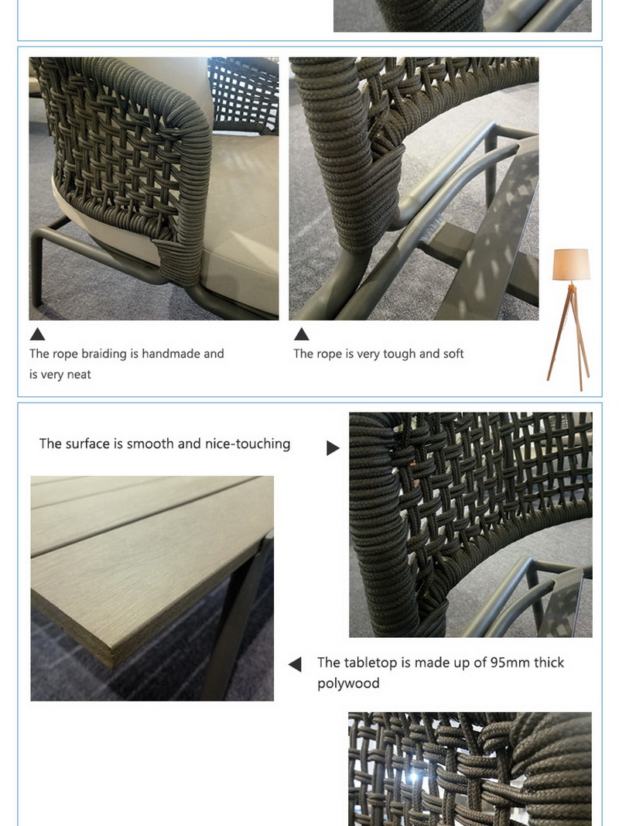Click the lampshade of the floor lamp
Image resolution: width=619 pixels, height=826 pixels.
tap(571, 265)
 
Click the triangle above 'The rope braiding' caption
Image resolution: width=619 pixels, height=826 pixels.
tap(37, 334)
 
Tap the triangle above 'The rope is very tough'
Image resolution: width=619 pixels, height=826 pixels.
tap(302, 334)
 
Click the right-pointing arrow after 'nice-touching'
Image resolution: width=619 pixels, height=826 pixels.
tap(333, 448)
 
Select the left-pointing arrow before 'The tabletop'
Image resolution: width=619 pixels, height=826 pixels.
tap(295, 664)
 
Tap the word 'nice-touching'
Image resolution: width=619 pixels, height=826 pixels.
tap(248, 444)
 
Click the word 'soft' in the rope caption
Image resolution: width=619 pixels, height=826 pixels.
tap(453, 354)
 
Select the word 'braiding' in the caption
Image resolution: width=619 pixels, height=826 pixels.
tap(103, 354)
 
